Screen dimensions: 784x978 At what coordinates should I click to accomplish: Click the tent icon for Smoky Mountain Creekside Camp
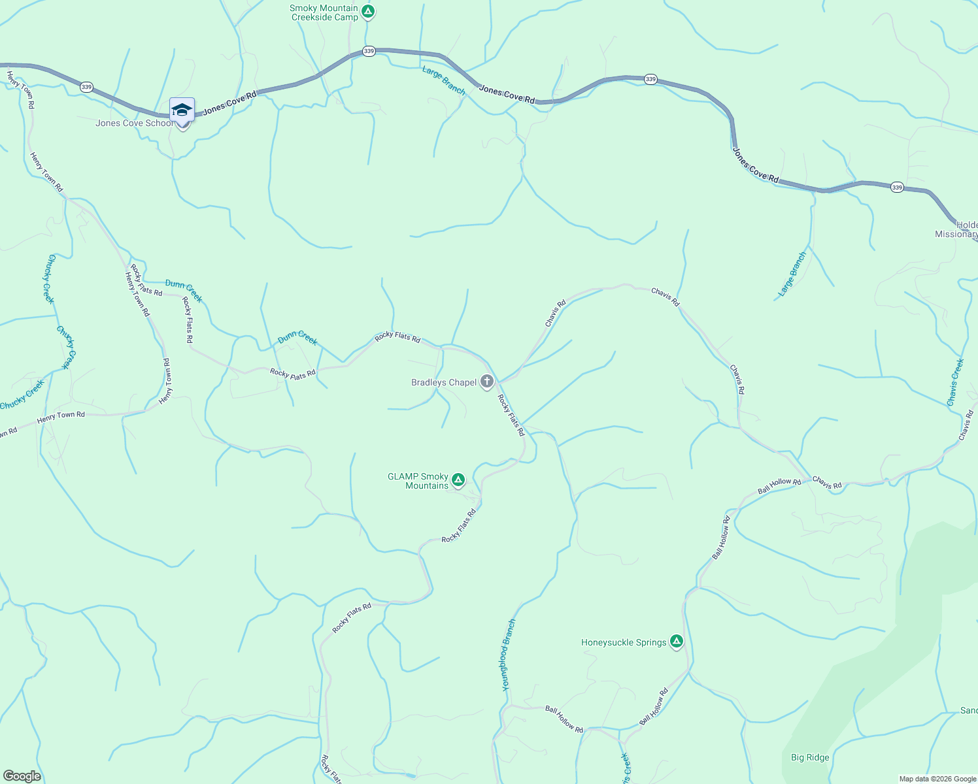point(368,11)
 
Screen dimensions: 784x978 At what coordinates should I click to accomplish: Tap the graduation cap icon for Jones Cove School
point(182,110)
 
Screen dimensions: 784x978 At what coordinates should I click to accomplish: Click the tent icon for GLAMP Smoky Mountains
point(458,480)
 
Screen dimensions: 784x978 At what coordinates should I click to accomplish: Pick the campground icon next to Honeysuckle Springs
point(677,642)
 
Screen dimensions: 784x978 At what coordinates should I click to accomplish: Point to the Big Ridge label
point(809,757)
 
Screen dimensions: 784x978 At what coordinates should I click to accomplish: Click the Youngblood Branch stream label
point(509,655)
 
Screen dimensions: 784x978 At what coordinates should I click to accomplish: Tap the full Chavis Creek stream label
point(955,382)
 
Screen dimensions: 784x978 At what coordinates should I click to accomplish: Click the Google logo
point(22,776)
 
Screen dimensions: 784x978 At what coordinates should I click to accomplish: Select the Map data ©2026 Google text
point(937,779)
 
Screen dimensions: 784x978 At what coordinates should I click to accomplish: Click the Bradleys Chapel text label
point(443,382)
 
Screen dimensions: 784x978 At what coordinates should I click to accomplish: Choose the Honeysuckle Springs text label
point(624,642)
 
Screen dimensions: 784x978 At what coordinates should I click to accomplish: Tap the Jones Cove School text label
point(134,123)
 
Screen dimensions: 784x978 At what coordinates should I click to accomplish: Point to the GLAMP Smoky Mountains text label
point(418,481)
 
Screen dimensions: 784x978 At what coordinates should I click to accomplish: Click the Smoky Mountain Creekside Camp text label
point(324,12)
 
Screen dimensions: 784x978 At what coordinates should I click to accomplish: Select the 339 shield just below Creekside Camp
point(369,51)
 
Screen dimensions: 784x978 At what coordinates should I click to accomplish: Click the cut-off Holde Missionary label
point(957,229)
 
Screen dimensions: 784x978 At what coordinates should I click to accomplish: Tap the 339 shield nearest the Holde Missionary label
point(897,188)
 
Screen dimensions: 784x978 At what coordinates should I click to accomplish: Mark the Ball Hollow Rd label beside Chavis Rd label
point(779,486)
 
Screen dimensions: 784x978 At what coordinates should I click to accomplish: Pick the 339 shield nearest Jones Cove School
point(86,87)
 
